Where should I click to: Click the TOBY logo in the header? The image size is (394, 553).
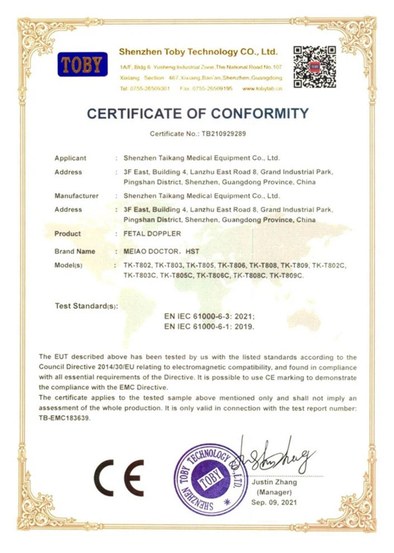point(82,65)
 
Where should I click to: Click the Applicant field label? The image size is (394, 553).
point(70,158)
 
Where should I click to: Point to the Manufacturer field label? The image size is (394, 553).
point(77,196)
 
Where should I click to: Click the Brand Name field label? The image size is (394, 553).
point(75,252)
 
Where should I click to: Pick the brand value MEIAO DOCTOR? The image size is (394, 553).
point(148,252)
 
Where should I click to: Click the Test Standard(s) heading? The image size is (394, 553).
point(87,306)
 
